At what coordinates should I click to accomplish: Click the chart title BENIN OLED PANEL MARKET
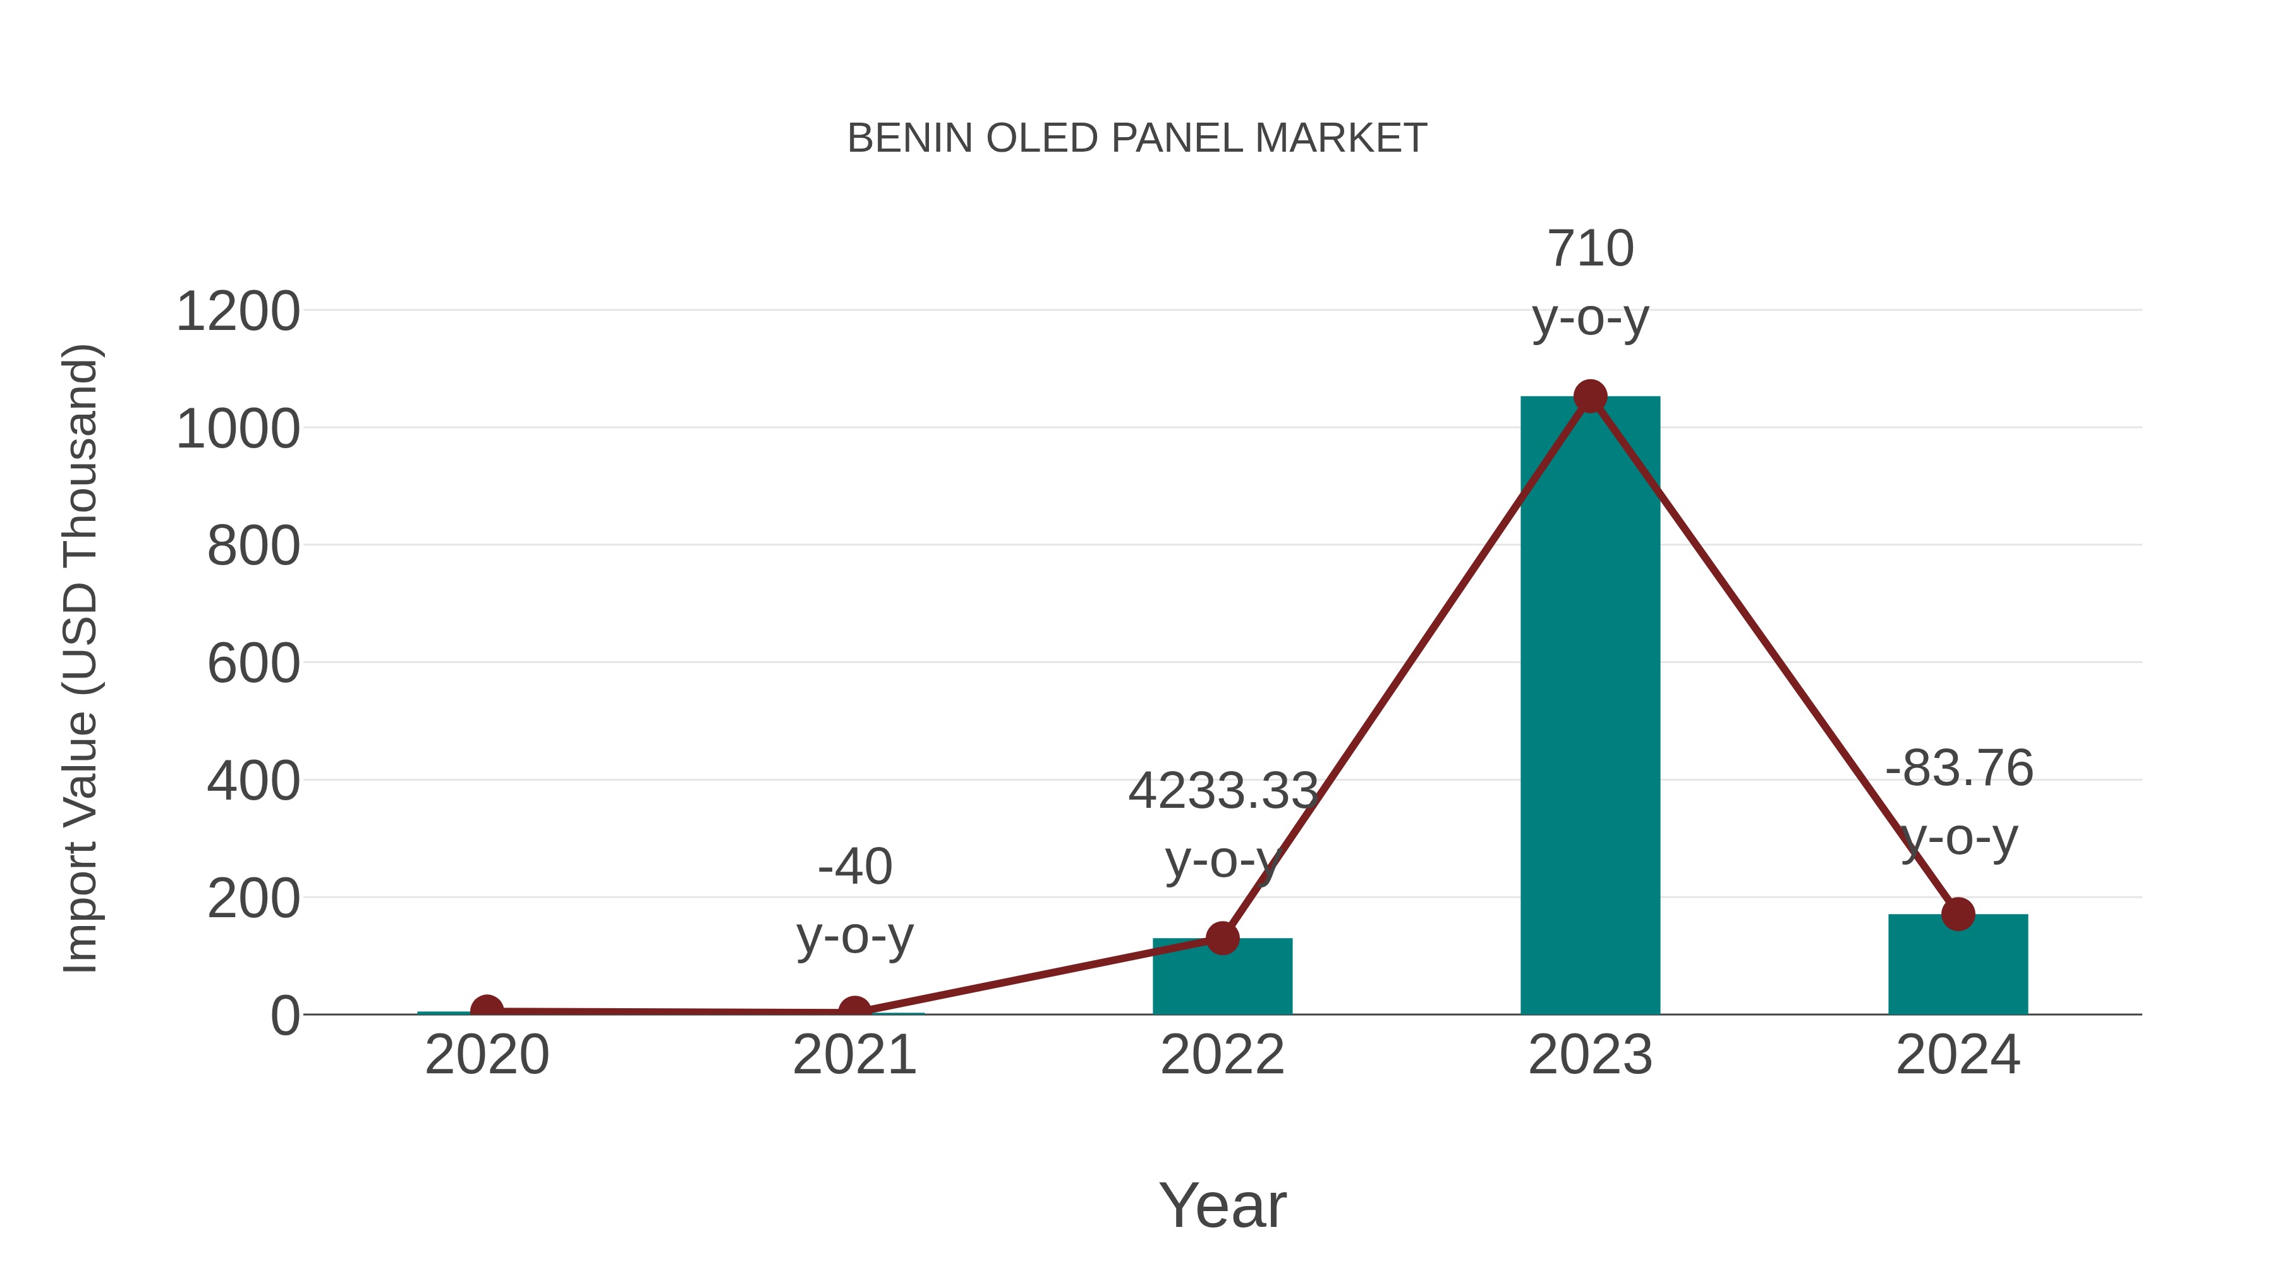[x=1137, y=138]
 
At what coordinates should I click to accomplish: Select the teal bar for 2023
[x=1590, y=707]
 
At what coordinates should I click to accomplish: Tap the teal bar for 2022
[x=1222, y=978]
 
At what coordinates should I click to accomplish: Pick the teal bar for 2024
[x=1958, y=967]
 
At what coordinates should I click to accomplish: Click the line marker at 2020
[x=487, y=1009]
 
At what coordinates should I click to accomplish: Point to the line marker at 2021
[x=854, y=1011]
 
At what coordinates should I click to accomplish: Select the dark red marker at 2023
[x=1590, y=396]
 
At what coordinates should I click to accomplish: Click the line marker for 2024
[x=1958, y=914]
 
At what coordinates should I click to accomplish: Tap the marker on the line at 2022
[x=1222, y=938]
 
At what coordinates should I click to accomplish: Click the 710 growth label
[x=1590, y=249]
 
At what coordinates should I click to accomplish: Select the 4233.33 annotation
[x=1222, y=791]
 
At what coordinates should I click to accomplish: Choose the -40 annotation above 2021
[x=854, y=867]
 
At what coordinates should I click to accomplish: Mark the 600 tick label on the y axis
[x=253, y=664]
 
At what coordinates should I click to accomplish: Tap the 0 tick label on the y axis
[x=284, y=1016]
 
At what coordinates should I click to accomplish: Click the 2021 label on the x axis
[x=854, y=1055]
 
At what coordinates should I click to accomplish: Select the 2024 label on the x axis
[x=1958, y=1055]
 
